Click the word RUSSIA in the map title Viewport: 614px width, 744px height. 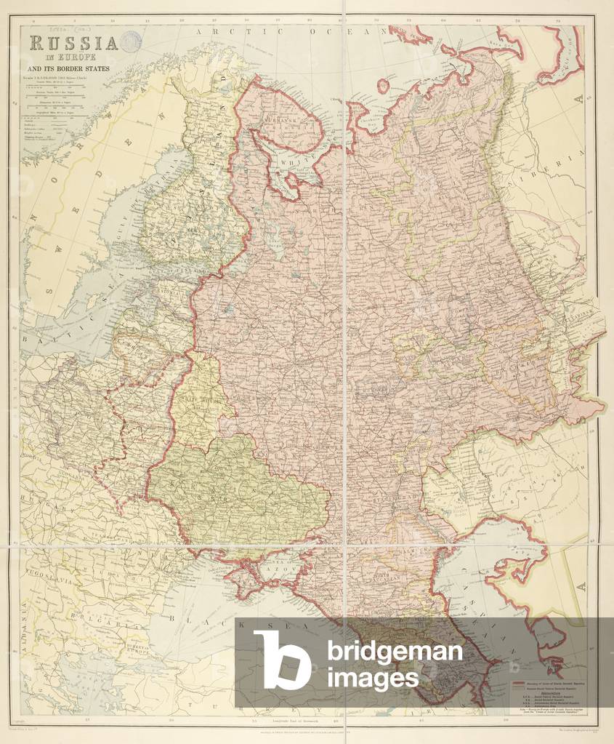pos(73,42)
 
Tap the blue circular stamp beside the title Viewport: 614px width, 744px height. pos(132,42)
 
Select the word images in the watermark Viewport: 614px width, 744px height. pos(372,679)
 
